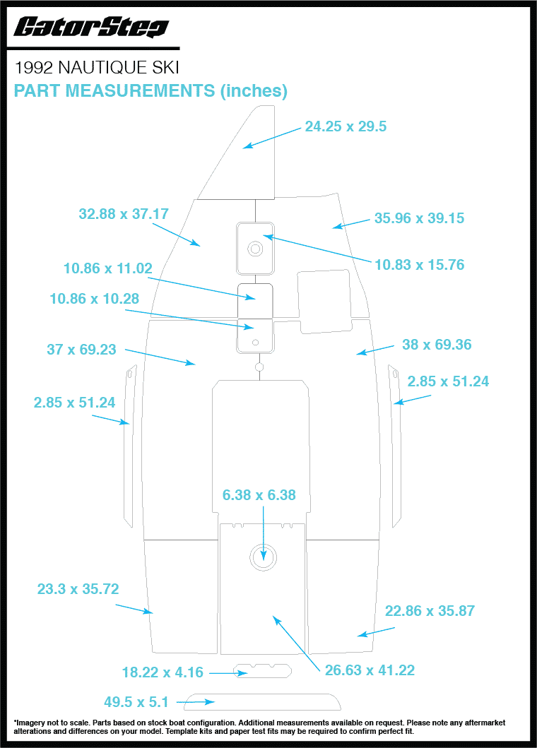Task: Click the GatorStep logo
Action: click(x=91, y=27)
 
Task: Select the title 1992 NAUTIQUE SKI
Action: click(x=97, y=68)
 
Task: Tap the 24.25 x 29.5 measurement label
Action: click(x=346, y=126)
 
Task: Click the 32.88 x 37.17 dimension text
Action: click(x=124, y=214)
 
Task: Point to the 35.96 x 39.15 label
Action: click(x=419, y=218)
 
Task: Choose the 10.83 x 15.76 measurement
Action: click(x=419, y=265)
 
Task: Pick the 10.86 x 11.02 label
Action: click(x=108, y=268)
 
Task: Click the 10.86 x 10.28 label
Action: click(x=95, y=299)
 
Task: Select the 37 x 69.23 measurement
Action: click(x=82, y=349)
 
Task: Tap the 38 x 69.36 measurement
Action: click(x=437, y=345)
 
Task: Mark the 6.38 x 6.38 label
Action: click(x=259, y=495)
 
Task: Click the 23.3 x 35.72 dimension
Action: click(x=78, y=588)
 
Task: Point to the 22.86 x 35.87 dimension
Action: click(x=430, y=610)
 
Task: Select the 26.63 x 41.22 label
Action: click(x=370, y=670)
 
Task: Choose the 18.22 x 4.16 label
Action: click(x=163, y=672)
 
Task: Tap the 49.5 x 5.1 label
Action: click(x=136, y=702)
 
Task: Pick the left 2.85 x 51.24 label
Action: click(x=74, y=403)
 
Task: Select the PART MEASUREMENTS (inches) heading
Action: click(x=151, y=90)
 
